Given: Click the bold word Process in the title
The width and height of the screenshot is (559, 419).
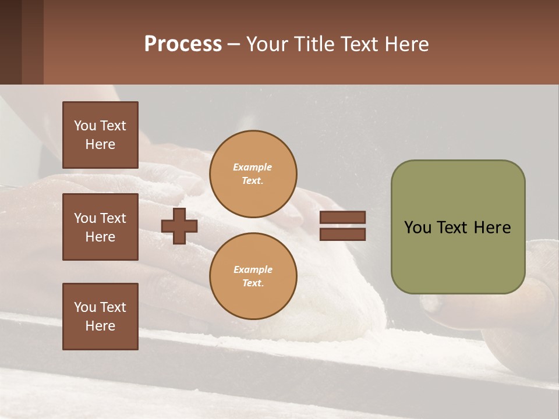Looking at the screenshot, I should pyautogui.click(x=183, y=44).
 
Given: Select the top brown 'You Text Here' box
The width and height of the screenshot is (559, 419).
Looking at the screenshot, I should pyautogui.click(x=100, y=135).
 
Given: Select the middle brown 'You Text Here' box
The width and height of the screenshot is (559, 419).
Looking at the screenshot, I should pyautogui.click(x=100, y=227).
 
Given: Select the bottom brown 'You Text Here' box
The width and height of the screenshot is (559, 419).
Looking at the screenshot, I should pyautogui.click(x=100, y=316).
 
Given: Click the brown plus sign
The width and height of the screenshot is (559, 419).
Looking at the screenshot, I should pyautogui.click(x=179, y=226).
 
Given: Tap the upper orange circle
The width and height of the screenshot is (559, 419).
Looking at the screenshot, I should pyautogui.click(x=253, y=174).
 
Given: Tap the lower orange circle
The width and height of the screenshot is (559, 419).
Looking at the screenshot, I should pyautogui.click(x=253, y=276).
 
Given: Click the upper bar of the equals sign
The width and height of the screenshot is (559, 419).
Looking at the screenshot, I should pyautogui.click(x=342, y=218).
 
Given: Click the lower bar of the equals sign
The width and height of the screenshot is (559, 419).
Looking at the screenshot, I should pyautogui.click(x=342, y=234).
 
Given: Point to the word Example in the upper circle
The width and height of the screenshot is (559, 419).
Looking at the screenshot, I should pyautogui.click(x=253, y=167).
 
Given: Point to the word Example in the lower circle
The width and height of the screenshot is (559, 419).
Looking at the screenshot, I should pyautogui.click(x=253, y=269).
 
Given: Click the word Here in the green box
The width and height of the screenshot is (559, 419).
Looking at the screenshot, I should pyautogui.click(x=492, y=228).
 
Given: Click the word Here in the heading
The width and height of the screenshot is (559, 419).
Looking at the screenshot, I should pyautogui.click(x=408, y=44).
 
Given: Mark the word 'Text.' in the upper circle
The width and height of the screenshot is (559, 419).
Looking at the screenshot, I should pyautogui.click(x=253, y=181).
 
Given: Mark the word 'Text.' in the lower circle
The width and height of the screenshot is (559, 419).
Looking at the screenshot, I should pyautogui.click(x=253, y=283).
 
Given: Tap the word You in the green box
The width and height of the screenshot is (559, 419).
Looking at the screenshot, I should pyautogui.click(x=418, y=228).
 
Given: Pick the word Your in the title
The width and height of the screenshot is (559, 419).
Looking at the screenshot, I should pyautogui.click(x=268, y=44).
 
